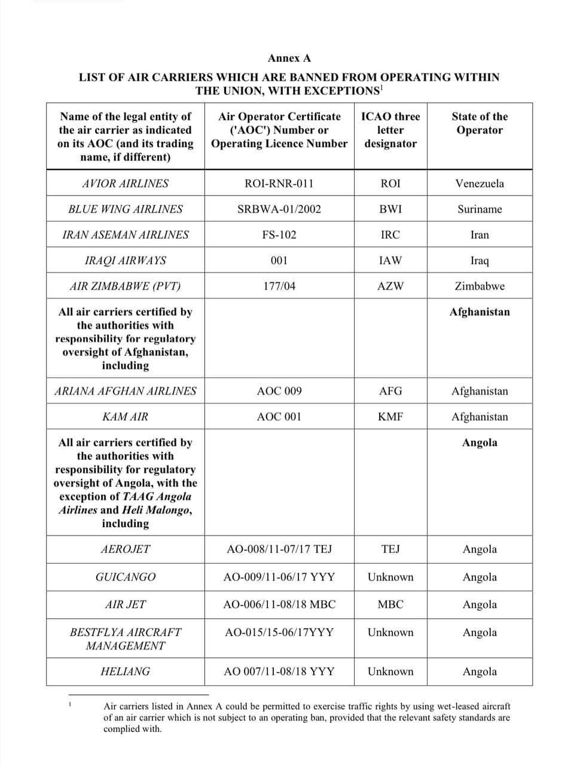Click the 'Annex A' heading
pyautogui.click(x=289, y=58)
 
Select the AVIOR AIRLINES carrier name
pyautogui.click(x=126, y=184)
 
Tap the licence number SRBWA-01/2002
pyautogui.click(x=279, y=209)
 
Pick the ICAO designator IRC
pyautogui.click(x=390, y=235)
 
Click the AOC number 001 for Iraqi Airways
pyautogui.click(x=279, y=261)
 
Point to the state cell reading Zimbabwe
pyautogui.click(x=480, y=287)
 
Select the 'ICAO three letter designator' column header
pyautogui.click(x=390, y=130)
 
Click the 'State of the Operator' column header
pyautogui.click(x=480, y=123)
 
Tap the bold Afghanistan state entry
pyautogui.click(x=480, y=312)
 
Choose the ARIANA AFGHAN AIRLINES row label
pyautogui.click(x=126, y=391)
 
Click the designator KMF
pyautogui.click(x=390, y=417)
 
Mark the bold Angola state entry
pyautogui.click(x=480, y=443)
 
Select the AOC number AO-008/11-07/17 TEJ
pyautogui.click(x=279, y=549)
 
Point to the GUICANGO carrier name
pyautogui.click(x=126, y=577)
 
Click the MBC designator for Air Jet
pyautogui.click(x=390, y=605)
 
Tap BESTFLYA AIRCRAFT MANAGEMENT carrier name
pyautogui.click(x=126, y=639)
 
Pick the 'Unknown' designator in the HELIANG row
pyautogui.click(x=390, y=671)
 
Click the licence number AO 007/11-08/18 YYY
pyautogui.click(x=279, y=671)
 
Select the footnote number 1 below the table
pyautogui.click(x=70, y=704)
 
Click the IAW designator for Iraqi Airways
pyautogui.click(x=390, y=261)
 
